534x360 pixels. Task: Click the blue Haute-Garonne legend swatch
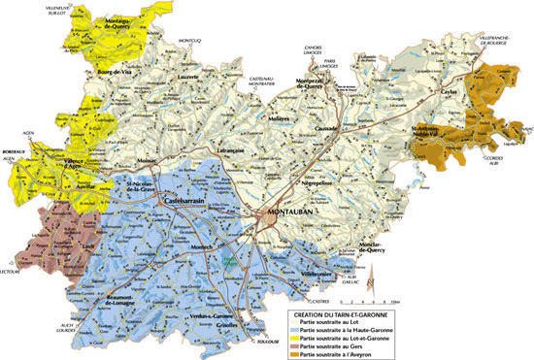[x=294, y=330]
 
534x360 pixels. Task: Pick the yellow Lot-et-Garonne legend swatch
[x=294, y=338]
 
